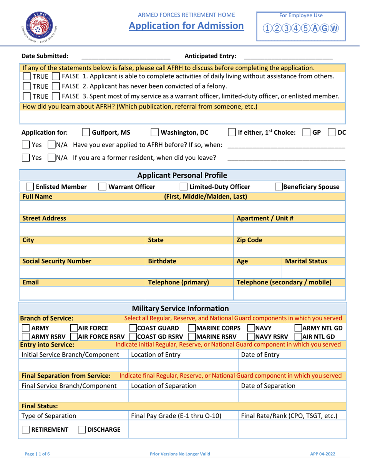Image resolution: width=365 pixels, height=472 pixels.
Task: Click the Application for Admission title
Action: click(x=186, y=26)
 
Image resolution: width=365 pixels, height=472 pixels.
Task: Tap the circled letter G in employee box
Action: click(x=326, y=29)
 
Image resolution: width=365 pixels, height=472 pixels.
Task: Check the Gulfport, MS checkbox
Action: click(x=86, y=133)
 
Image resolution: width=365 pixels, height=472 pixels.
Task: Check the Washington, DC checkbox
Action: click(x=154, y=133)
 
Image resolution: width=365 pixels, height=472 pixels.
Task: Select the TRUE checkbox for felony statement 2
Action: click(x=27, y=86)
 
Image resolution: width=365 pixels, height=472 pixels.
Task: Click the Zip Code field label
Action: click(x=249, y=240)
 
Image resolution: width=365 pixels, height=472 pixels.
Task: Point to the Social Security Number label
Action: click(x=57, y=261)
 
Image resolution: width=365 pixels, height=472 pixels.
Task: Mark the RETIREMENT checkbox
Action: click(x=26, y=430)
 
